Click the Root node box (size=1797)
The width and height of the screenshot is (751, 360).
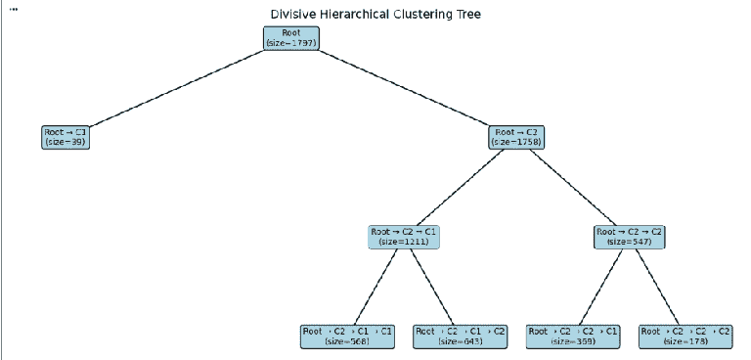click(291, 38)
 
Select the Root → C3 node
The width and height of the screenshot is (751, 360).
click(66, 137)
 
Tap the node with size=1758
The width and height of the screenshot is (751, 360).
click(516, 137)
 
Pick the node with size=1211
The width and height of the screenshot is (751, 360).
click(404, 237)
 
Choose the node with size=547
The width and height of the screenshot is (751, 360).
click(630, 237)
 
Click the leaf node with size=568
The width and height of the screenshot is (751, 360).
click(347, 337)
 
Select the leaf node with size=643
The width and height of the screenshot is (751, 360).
click(461, 337)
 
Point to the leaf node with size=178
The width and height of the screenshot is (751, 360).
click(685, 337)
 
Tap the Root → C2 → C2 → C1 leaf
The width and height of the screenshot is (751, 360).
click(573, 337)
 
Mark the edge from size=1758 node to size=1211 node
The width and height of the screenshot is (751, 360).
click(461, 187)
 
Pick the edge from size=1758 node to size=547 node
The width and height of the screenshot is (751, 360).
click(573, 187)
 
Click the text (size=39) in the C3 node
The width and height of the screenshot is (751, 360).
click(66, 143)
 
